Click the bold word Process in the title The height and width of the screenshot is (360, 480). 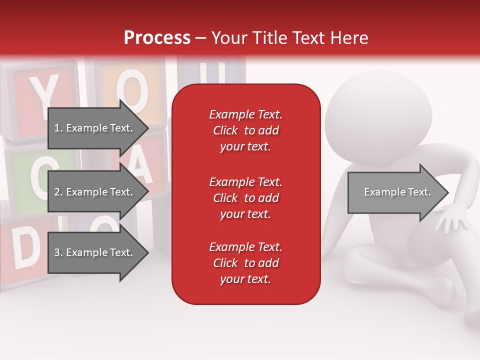pyautogui.click(x=157, y=38)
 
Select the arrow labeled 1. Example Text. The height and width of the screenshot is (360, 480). pyautogui.click(x=93, y=128)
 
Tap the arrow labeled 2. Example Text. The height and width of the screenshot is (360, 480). pyautogui.click(x=93, y=192)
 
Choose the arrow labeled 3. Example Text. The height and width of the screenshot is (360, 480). pyautogui.click(x=93, y=252)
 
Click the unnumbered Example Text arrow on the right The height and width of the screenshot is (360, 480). pyautogui.click(x=397, y=192)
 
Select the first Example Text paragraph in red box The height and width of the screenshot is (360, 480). pyautogui.click(x=245, y=130)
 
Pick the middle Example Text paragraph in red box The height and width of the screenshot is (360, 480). pyautogui.click(x=245, y=197)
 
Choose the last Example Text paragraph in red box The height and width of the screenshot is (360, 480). pyautogui.click(x=245, y=263)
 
